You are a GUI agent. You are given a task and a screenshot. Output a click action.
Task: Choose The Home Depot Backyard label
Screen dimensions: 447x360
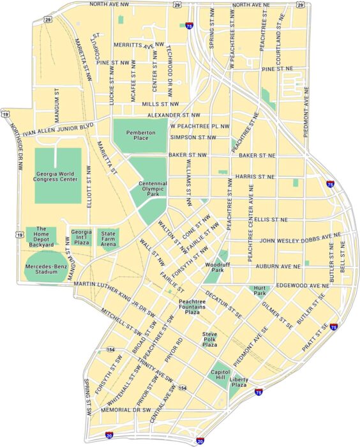42,236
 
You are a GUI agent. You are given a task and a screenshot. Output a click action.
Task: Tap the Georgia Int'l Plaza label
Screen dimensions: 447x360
80,236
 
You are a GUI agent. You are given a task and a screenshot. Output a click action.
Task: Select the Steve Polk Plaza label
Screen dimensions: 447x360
210,339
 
